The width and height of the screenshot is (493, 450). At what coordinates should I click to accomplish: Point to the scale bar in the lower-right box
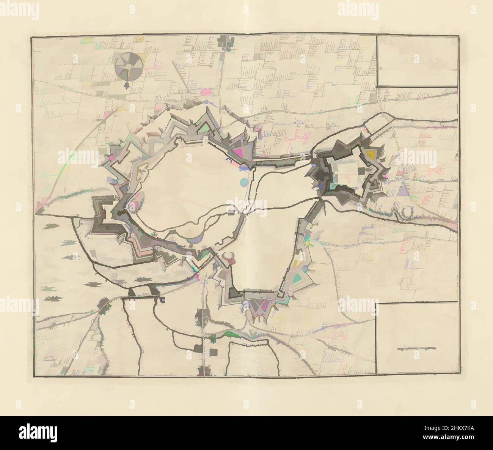pos(416,348)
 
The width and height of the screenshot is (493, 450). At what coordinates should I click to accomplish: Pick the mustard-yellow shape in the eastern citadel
pos(370,154)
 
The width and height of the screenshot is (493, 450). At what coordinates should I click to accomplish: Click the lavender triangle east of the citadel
pos(402,192)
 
